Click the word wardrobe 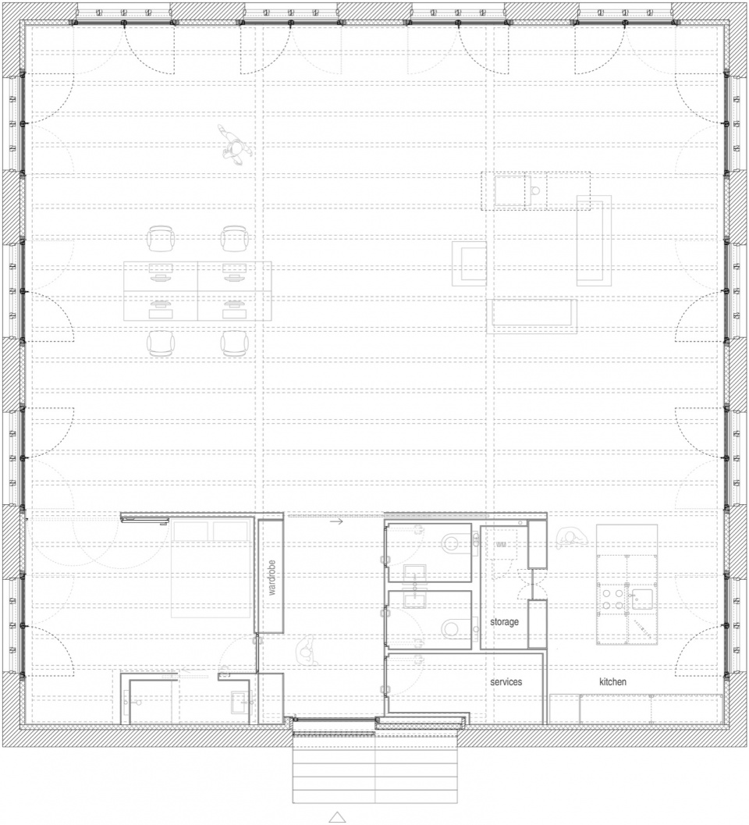click(x=272, y=577)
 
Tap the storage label click(x=505, y=622)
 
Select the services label click(x=506, y=682)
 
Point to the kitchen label click(x=612, y=682)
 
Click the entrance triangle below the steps click(x=337, y=817)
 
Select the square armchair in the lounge click(x=469, y=263)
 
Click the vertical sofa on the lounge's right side click(x=594, y=240)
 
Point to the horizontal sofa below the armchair click(x=531, y=316)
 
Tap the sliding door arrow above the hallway click(x=336, y=521)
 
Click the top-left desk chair click(x=161, y=240)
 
